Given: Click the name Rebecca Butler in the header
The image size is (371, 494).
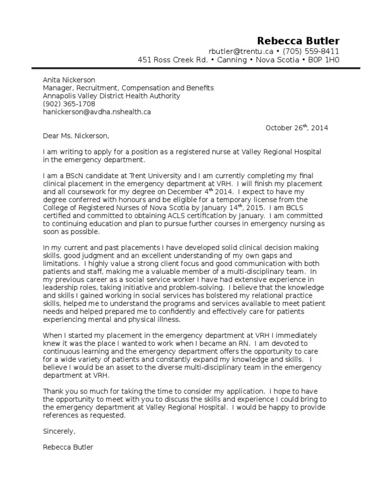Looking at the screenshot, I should [298, 41].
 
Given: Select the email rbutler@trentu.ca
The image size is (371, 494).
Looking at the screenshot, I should [241, 52].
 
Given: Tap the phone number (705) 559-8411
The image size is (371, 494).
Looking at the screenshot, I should [311, 52].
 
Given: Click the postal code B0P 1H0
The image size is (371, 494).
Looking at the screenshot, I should [325, 60].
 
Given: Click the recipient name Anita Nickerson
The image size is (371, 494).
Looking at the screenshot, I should [69, 80].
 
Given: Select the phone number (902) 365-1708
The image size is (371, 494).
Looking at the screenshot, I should [69, 104].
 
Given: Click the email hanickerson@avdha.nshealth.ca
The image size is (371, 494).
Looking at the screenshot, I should [97, 112].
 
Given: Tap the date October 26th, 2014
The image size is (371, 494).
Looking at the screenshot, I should [297, 128].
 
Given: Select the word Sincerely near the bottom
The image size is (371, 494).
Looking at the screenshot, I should [59, 431].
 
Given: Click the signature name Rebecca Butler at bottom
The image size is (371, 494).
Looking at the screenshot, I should [68, 447].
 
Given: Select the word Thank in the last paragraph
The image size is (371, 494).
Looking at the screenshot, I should [53, 391].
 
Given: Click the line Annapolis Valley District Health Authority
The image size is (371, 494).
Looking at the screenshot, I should [112, 96].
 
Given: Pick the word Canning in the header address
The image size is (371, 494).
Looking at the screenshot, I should [231, 60].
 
